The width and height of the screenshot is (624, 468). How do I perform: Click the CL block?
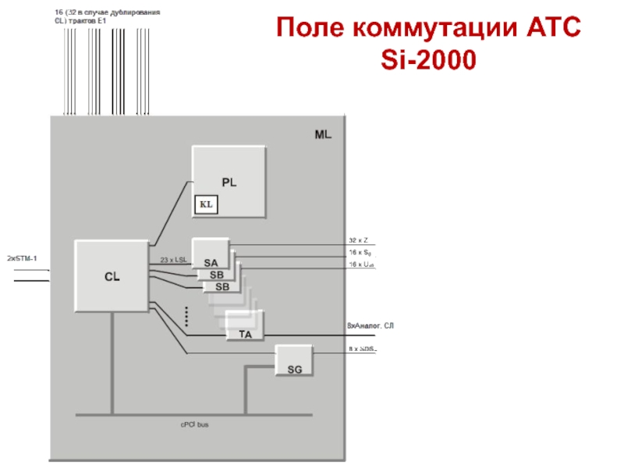coord(112,275)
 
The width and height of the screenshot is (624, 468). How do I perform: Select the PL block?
coord(229,182)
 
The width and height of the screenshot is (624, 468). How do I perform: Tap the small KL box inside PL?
coord(207,204)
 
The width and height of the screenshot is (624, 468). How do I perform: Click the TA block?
coord(245,333)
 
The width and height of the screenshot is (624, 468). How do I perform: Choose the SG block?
coord(294,368)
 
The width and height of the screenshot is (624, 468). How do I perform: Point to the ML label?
coord(324,134)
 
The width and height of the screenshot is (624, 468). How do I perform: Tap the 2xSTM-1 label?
coord(22,257)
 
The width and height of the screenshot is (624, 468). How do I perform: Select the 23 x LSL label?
coord(173,259)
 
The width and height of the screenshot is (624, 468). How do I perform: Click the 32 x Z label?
coord(359,240)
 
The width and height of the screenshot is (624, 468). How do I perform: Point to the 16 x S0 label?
coord(361,253)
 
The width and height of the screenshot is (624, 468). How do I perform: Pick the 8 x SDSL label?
coord(363,349)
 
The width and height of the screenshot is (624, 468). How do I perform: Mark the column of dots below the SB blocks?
coord(187,315)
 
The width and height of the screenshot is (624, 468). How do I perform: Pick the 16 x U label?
coord(362,265)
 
